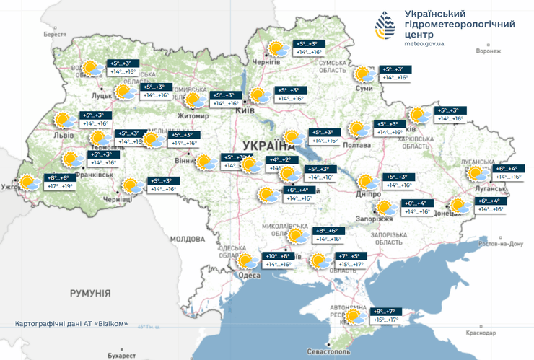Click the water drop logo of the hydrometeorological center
(385, 29)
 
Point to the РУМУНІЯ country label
(89, 294)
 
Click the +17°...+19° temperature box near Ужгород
(60, 186)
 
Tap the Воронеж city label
(489, 51)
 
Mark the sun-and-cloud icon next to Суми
(363, 74)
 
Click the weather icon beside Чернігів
(276, 50)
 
